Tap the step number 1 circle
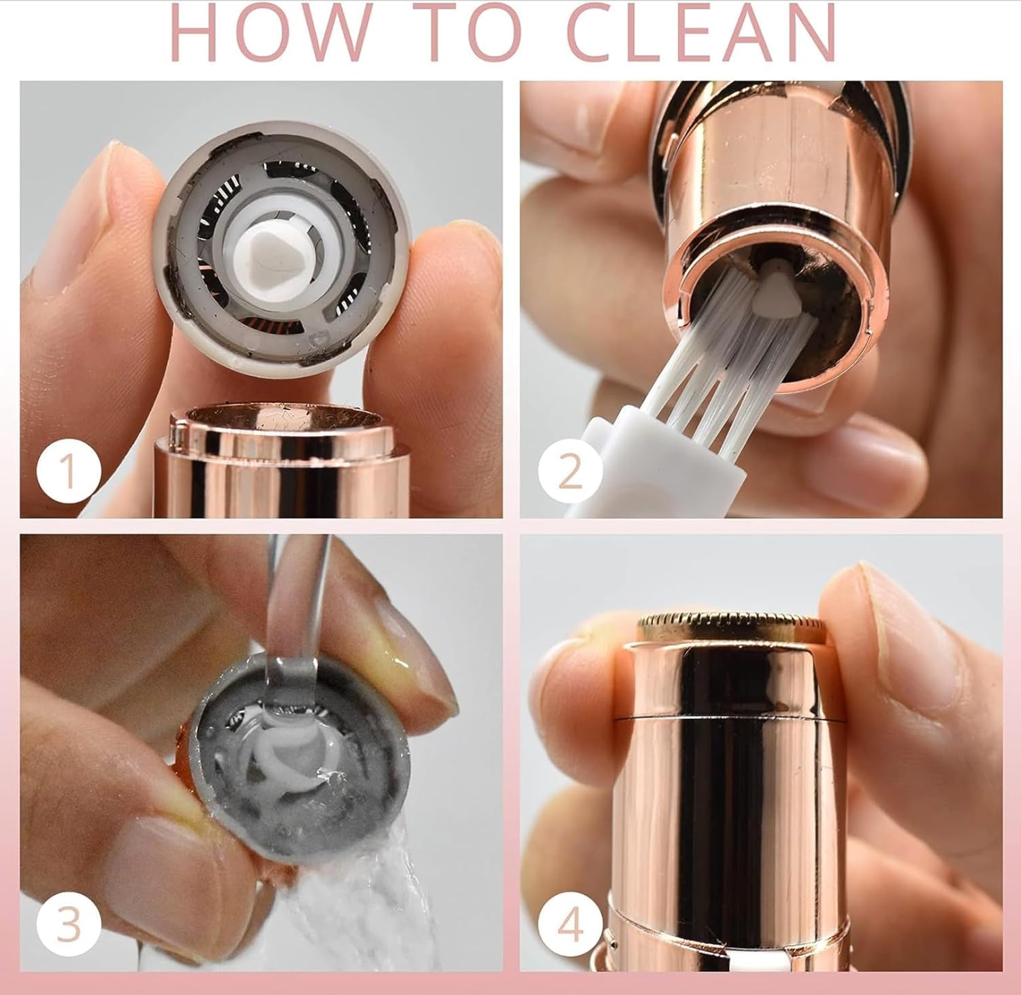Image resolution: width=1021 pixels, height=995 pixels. [69, 471]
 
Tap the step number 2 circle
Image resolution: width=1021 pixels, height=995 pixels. [570, 471]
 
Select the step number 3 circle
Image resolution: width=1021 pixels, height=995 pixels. [69, 924]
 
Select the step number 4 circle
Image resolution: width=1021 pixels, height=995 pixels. [570, 924]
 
